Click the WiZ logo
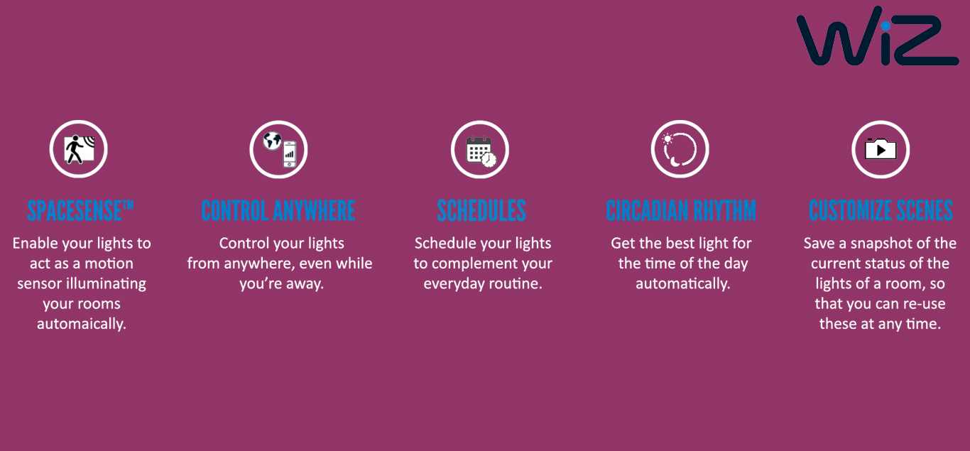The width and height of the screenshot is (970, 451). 877,36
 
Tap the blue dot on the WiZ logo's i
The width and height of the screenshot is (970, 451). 885,26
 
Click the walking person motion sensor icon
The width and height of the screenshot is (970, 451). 78,149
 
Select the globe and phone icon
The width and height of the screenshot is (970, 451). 278,149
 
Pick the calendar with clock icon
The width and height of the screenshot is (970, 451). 480,149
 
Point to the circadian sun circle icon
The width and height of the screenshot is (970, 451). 680,149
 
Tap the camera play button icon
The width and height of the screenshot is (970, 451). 881,149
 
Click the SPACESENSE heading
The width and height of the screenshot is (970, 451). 80,210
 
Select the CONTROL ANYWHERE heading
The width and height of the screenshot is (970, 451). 278,210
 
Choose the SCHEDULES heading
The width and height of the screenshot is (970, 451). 481,210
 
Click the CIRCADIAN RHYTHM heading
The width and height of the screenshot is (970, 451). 681,210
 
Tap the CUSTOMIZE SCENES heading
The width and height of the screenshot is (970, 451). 881,210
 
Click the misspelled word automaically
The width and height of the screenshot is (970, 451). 82,324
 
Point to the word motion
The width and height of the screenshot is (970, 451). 109,263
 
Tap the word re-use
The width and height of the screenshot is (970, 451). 923,304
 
